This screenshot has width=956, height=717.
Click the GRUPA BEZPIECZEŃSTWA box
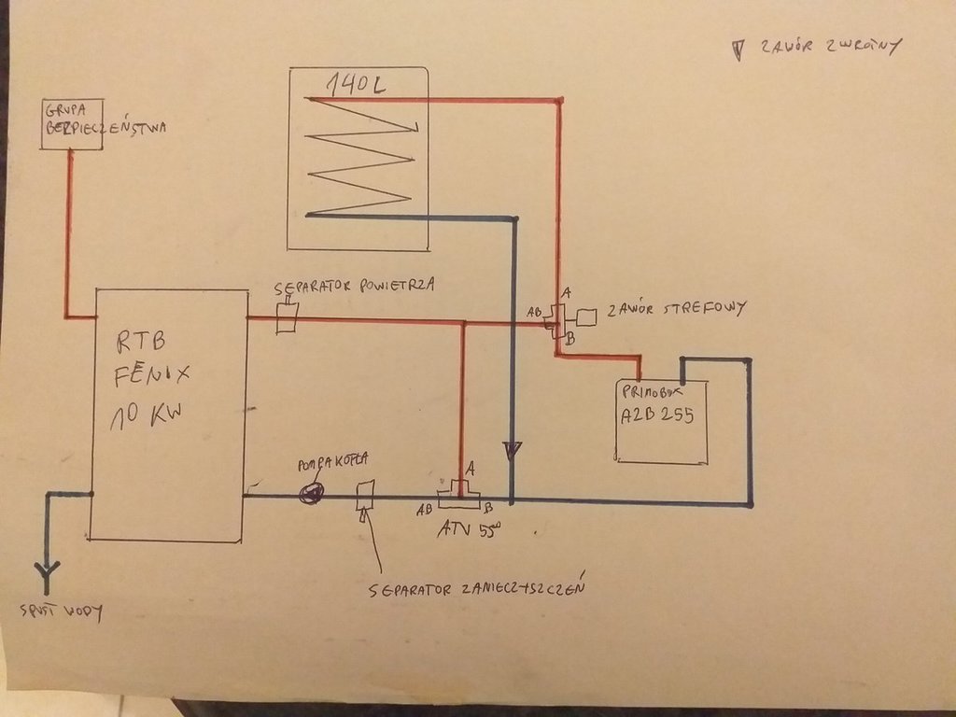coord(72,123)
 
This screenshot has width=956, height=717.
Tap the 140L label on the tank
coord(356,85)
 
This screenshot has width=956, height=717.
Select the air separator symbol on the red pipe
coord(287,317)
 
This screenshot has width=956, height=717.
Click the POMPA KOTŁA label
coord(332,461)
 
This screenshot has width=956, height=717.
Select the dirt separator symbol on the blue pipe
coord(365,494)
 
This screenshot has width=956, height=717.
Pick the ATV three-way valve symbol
coord(458,492)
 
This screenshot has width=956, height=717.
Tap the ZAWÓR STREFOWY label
coord(675,309)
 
